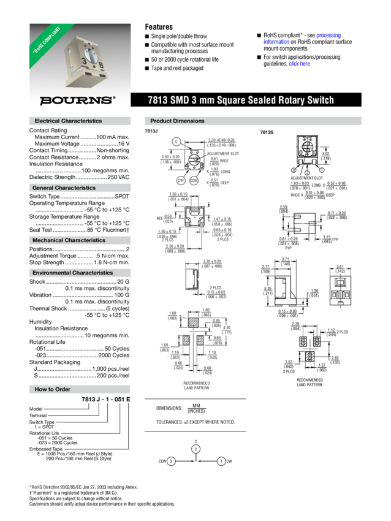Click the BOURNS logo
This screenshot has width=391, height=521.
point(77,99)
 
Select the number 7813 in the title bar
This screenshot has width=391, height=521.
point(158,100)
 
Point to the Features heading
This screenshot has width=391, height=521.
point(159,27)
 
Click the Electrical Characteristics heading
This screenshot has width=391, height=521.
point(68,121)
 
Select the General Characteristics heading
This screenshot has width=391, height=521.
point(64,188)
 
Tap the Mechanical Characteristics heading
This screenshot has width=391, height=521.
point(68,241)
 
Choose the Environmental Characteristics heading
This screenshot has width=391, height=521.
point(72,273)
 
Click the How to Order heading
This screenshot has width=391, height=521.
point(53,390)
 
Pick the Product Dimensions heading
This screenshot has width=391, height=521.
point(177,121)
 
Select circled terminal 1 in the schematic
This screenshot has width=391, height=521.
point(221,460)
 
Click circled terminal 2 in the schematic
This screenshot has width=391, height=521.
point(195,449)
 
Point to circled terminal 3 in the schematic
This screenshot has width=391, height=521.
point(171,460)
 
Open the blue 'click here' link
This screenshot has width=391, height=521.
point(295,64)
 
